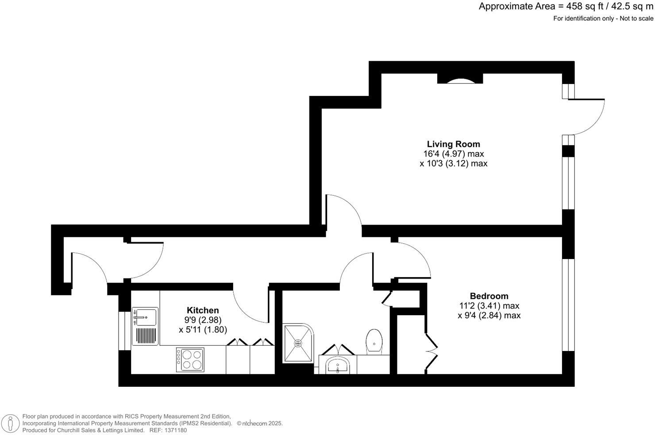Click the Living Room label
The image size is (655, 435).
453,144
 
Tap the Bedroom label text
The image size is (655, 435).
489,296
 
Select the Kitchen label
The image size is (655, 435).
203,310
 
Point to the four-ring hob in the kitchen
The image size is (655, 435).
190,359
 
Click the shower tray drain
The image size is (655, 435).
298,343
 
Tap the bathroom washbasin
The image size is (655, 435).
338,366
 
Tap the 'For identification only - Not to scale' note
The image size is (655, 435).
603,19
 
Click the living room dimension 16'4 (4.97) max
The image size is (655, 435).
453,154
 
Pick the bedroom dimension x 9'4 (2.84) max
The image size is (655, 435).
489,316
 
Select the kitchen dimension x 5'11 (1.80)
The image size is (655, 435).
203,330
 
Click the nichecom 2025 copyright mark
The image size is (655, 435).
260,424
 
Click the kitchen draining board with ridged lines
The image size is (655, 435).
145,336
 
